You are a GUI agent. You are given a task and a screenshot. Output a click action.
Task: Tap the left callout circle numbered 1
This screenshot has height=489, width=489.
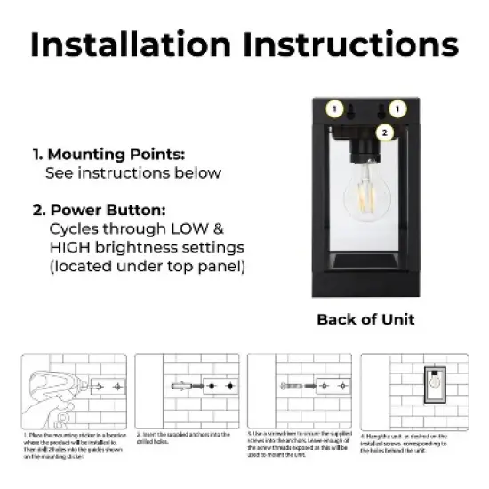coord(334,109)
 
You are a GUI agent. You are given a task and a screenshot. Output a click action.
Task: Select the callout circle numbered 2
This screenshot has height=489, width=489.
coord(384,133)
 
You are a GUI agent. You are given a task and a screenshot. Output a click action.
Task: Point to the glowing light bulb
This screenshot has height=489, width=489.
coord(365,204)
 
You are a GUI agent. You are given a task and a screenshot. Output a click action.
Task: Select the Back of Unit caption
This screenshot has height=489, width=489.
coord(365,319)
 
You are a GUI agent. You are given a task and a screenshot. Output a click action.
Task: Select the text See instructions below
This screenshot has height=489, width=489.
coord(133,172)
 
